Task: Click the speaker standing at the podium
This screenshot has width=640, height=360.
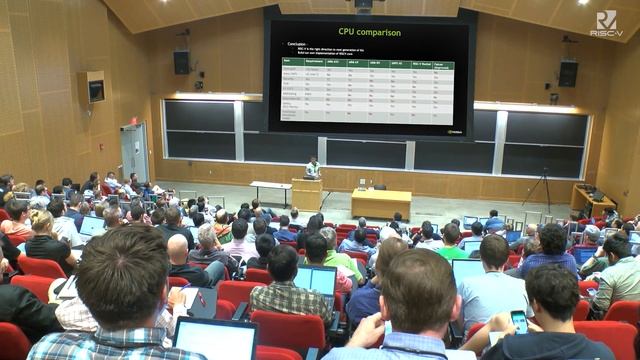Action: click(x=313, y=167)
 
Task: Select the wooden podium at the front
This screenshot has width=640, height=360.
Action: click(x=306, y=193)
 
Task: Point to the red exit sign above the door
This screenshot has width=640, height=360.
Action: click(x=133, y=120)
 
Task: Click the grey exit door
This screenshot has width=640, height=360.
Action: click(x=134, y=152)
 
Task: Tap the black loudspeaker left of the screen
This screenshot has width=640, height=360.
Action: click(x=182, y=62)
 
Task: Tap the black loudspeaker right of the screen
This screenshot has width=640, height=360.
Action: click(x=568, y=73)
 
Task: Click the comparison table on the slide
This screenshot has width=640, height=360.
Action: click(x=367, y=89)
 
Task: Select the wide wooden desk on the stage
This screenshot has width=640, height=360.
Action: click(x=380, y=203)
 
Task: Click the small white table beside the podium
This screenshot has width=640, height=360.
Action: click(x=270, y=190)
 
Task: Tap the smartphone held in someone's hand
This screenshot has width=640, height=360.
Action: click(x=518, y=321)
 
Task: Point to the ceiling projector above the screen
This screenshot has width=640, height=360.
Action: click(x=363, y=5)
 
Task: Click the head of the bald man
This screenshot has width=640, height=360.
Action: click(x=178, y=248)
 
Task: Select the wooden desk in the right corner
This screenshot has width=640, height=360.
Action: click(x=594, y=199)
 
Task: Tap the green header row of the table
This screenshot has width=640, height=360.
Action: click(x=367, y=63)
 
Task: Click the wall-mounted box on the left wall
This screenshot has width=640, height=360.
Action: click(x=95, y=90)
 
